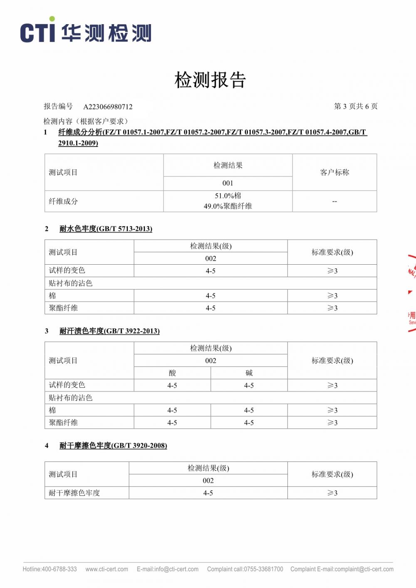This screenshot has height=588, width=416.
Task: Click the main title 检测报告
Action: (x=210, y=80)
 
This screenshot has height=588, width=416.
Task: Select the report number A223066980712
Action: (x=108, y=107)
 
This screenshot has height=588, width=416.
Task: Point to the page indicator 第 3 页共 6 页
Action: (x=356, y=107)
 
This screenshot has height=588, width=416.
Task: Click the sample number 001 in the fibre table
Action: (x=228, y=183)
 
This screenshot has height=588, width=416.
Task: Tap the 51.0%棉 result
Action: (x=228, y=196)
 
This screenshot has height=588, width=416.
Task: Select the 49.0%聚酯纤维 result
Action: (x=228, y=206)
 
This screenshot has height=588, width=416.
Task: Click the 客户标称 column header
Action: (x=334, y=172)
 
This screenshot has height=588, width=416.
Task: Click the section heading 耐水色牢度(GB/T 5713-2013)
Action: (x=106, y=228)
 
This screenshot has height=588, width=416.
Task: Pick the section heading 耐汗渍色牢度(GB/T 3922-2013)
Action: (x=109, y=331)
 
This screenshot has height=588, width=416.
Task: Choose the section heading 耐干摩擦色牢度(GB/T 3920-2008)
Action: (x=113, y=446)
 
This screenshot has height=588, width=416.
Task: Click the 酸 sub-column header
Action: (x=172, y=373)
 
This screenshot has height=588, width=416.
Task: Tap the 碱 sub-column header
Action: (x=249, y=373)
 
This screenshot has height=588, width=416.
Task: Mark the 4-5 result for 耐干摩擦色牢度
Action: (x=208, y=493)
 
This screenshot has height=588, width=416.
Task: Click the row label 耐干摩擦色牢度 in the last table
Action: (x=74, y=493)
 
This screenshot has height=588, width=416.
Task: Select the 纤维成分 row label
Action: (x=63, y=201)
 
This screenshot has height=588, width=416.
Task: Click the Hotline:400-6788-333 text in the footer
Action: (x=50, y=569)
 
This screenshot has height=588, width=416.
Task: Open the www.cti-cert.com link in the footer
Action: (x=106, y=569)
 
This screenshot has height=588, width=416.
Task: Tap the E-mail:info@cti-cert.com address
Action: (x=168, y=569)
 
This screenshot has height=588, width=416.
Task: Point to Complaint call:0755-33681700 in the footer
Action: (x=245, y=569)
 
